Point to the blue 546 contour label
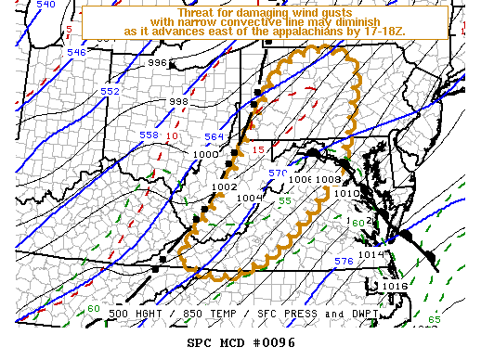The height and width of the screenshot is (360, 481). pos(76,53)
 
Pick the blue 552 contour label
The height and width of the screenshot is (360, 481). pos(110,92)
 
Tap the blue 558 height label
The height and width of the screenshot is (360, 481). pos(149,135)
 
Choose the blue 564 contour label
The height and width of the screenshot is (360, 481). pos(214,137)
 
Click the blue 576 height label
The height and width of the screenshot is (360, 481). pos(343,262)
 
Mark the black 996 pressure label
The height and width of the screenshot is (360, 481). pos(158,63)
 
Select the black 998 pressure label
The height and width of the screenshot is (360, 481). pos(178,102)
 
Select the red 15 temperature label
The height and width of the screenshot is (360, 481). pos(259,150)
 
